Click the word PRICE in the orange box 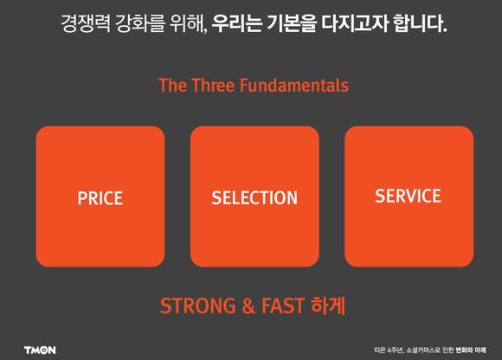(100, 198)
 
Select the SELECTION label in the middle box (254, 198)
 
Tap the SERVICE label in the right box (409, 196)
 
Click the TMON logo (40, 350)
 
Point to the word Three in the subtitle (213, 86)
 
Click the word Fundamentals (294, 86)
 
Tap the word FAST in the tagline (283, 305)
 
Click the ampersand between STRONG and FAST (248, 306)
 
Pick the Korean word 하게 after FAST (328, 305)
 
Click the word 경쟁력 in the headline (86, 23)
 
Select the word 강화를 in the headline (140, 23)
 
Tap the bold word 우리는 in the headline (237, 23)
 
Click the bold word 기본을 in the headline (292, 23)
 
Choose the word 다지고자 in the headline (355, 23)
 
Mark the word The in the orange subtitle (173, 86)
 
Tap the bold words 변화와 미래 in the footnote (471, 350)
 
